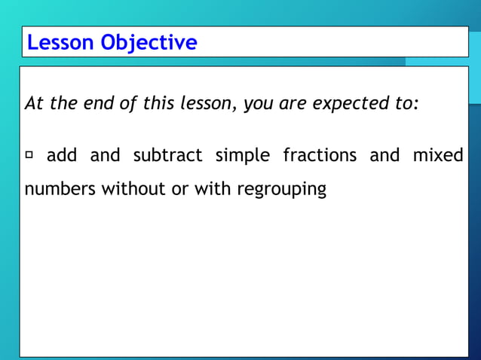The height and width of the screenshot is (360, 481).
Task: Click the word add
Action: [61, 156]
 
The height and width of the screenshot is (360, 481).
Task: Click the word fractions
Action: [320, 156]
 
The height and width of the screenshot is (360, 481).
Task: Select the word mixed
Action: [438, 156]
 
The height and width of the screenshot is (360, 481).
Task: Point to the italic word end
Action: [89, 104]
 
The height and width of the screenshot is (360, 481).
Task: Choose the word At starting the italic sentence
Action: [35, 104]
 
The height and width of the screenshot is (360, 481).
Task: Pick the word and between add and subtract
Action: [105, 156]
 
